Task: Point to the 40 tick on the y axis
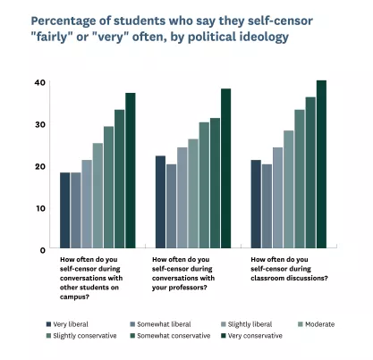click(x=40, y=82)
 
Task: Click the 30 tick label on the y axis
click(x=40, y=124)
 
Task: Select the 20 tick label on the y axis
click(x=40, y=166)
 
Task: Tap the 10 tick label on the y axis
click(x=40, y=208)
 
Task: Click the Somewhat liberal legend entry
click(x=161, y=324)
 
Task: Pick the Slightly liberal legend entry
click(x=247, y=324)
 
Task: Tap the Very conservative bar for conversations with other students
click(x=130, y=169)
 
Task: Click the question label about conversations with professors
click(x=189, y=273)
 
